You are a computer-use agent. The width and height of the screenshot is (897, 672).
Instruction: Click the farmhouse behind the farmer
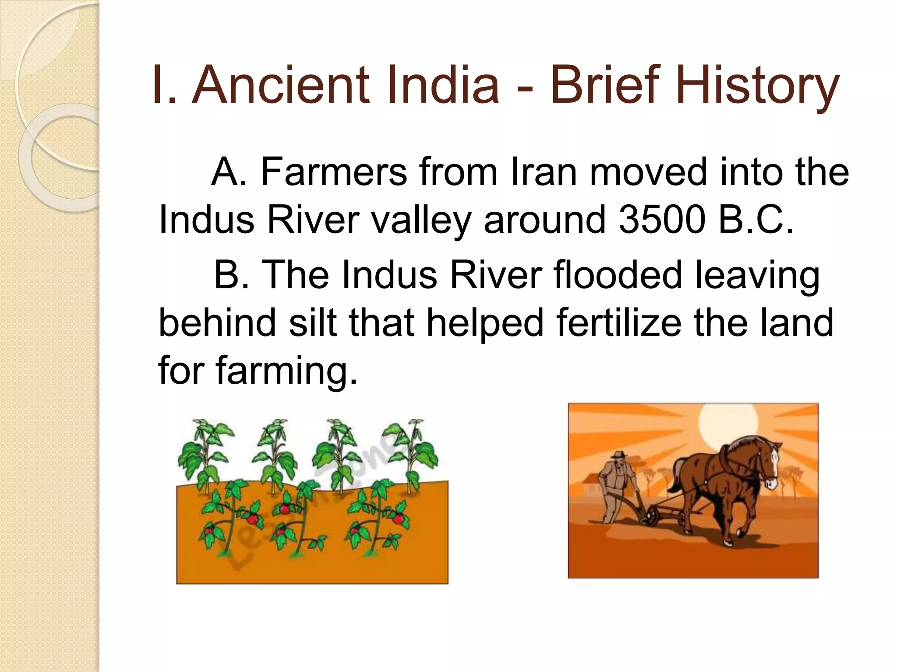click(591, 486)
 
